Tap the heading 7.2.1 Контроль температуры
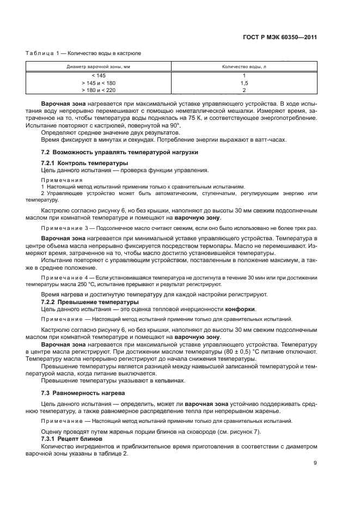[x=85, y=163]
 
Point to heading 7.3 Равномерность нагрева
[x=83, y=392]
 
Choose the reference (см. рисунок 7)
[x=222, y=432]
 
